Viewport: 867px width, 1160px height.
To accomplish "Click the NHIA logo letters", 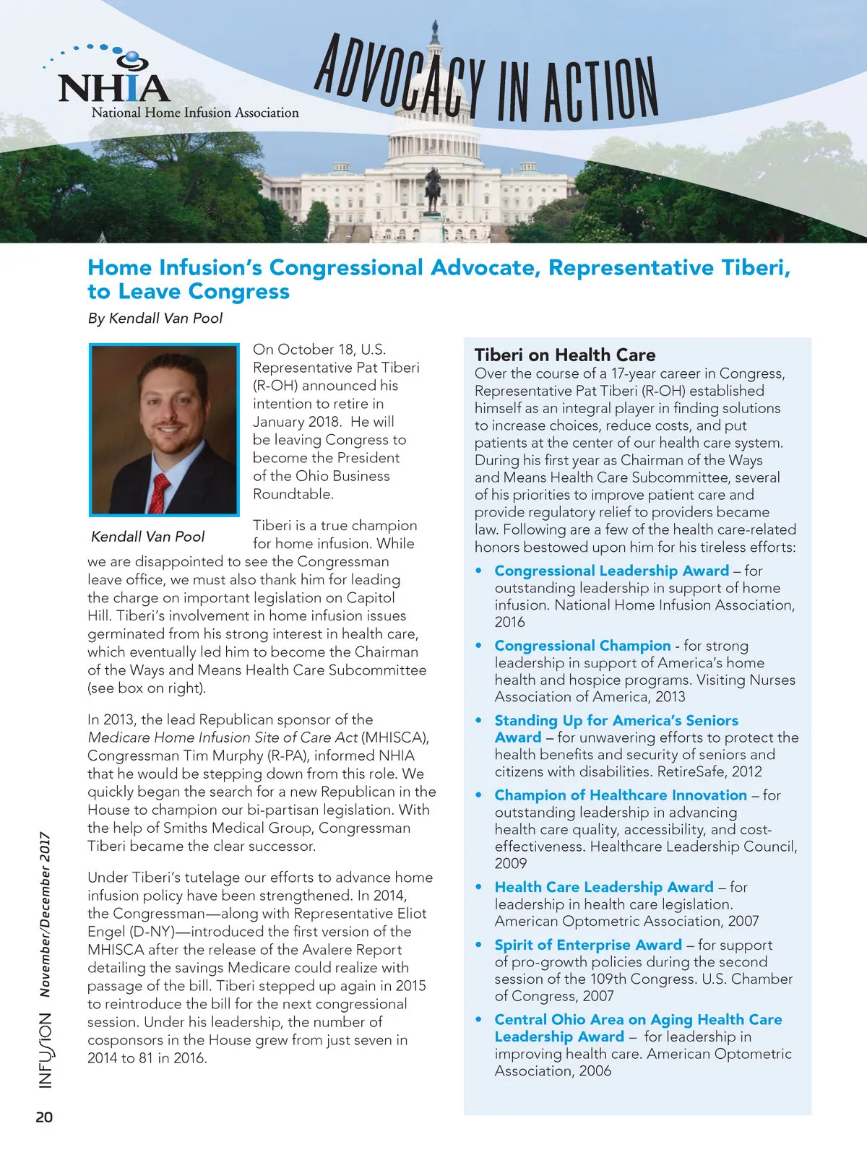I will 113,87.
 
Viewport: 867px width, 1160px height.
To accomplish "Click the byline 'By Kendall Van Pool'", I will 155,318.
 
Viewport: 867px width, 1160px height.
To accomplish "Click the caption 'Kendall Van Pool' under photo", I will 148,537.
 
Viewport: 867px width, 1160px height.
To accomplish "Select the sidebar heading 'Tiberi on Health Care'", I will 565,355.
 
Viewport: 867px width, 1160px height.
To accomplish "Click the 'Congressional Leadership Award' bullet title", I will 611,571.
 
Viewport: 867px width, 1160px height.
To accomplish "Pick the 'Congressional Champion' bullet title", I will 582,645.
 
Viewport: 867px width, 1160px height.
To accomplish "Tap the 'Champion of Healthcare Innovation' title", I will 621,795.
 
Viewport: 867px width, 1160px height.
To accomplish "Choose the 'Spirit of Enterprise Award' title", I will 588,945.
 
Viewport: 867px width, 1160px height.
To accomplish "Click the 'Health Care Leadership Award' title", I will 604,886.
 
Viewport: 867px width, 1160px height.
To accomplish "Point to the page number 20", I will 44,1117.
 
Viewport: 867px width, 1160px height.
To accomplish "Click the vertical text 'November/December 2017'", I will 46,914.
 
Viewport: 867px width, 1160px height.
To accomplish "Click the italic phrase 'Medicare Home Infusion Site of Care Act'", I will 223,737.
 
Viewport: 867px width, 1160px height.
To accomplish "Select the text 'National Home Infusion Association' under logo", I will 195,113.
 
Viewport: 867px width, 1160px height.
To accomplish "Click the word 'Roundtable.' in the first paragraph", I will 293,494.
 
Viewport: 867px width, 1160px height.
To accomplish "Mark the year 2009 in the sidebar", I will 511,863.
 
